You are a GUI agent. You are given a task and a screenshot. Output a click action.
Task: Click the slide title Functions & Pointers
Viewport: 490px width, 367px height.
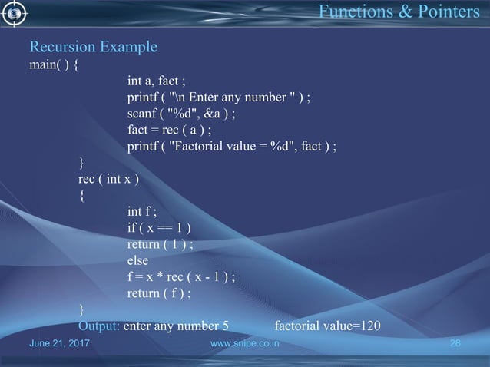(x=397, y=13)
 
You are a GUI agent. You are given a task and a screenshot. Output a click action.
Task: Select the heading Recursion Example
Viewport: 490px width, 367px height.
(x=93, y=48)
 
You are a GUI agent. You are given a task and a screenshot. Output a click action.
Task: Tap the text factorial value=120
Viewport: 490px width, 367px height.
(x=327, y=326)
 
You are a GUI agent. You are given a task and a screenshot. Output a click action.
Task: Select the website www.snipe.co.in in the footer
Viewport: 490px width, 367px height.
(x=244, y=347)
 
